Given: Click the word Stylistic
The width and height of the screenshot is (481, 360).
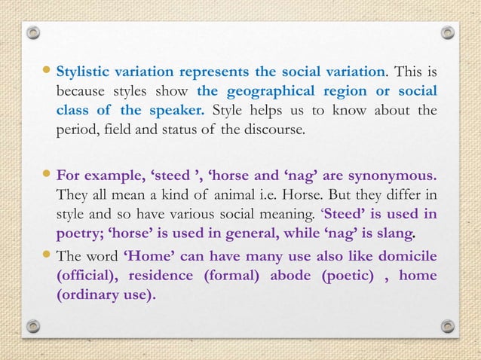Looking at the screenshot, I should pos(87,72).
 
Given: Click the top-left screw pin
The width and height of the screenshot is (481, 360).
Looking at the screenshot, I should pos(33,34).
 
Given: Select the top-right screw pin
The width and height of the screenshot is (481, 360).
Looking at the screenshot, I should pos(447,33).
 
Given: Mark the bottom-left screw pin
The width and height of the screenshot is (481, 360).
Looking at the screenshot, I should pos(33,326).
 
